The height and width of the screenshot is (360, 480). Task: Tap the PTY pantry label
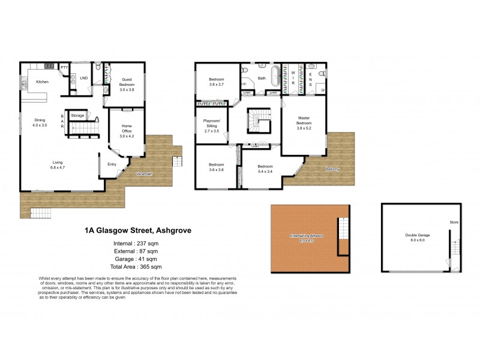64,68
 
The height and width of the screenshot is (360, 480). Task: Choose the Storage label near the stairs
77,115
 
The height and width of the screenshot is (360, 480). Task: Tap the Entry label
112,164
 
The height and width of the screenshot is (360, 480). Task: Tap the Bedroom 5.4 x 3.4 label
265,169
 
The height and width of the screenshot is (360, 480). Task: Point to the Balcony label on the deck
332,169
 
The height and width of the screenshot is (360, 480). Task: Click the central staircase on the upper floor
257,119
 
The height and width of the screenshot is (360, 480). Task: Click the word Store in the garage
454,223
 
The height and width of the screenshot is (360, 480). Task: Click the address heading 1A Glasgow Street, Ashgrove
138,230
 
